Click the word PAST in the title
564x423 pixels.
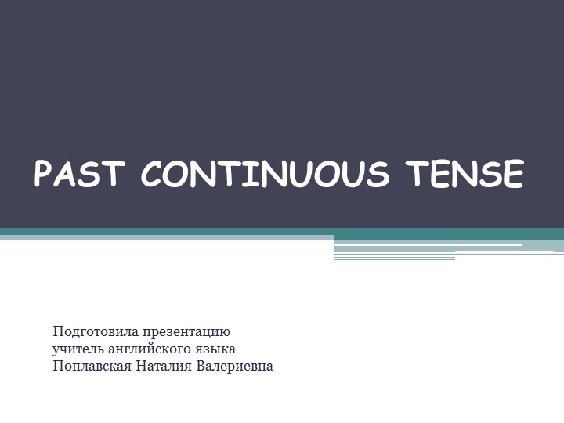tap(78, 173)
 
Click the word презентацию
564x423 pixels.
tap(187, 332)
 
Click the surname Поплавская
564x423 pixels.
tap(89, 366)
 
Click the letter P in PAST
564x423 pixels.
tap(44, 173)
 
